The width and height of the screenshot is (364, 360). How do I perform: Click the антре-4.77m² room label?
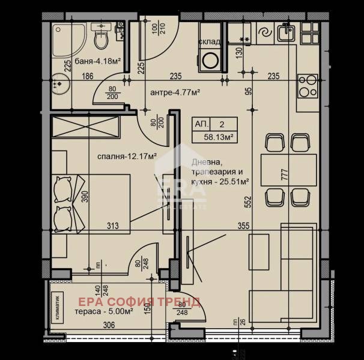pyautogui.click(x=174, y=92)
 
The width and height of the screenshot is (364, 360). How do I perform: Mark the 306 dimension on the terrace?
pyautogui.click(x=108, y=326)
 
